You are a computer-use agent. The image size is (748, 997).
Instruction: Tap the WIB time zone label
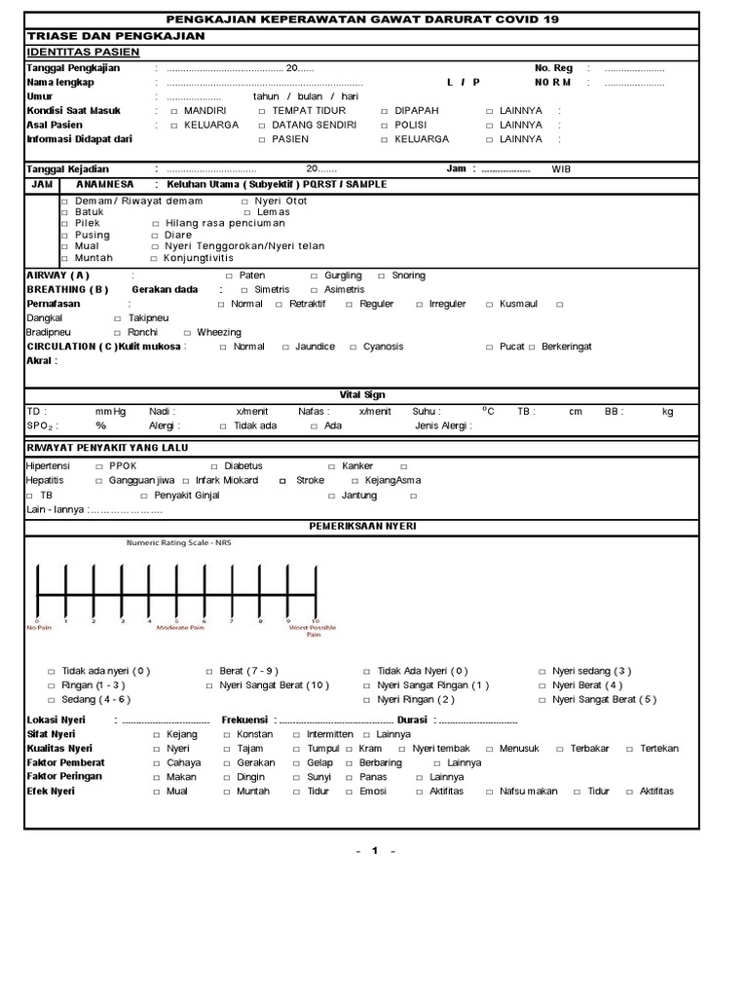562,168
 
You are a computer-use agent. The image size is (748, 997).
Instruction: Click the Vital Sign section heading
361,394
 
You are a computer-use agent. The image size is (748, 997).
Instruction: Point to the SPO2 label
40,425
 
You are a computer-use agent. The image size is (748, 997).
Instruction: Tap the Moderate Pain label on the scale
179,628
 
